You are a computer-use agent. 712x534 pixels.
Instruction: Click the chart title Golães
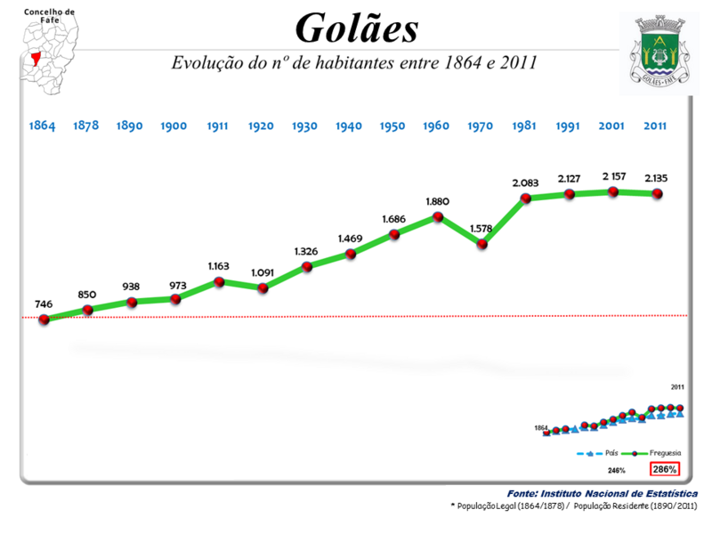(356, 28)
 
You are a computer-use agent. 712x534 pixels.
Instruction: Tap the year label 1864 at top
(42, 126)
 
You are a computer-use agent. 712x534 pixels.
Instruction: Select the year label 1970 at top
(480, 126)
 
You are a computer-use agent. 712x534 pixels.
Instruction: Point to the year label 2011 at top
(657, 126)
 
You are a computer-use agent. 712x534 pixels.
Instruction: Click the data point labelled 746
(44, 320)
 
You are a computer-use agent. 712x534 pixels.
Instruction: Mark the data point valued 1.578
(481, 243)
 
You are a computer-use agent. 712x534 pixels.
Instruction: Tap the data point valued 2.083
(525, 198)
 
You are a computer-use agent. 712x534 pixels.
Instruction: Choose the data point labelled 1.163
(219, 281)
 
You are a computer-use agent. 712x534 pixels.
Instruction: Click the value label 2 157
(613, 176)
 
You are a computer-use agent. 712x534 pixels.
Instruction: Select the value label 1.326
(305, 251)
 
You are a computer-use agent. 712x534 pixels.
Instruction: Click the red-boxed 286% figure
(665, 468)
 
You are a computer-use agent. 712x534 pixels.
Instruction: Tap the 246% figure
(617, 469)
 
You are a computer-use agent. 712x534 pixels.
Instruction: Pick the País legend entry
(598, 452)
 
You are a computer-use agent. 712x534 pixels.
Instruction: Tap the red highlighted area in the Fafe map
(37, 59)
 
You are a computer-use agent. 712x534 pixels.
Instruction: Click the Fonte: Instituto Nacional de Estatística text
(603, 493)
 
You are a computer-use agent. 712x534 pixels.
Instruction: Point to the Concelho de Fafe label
(50, 15)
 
